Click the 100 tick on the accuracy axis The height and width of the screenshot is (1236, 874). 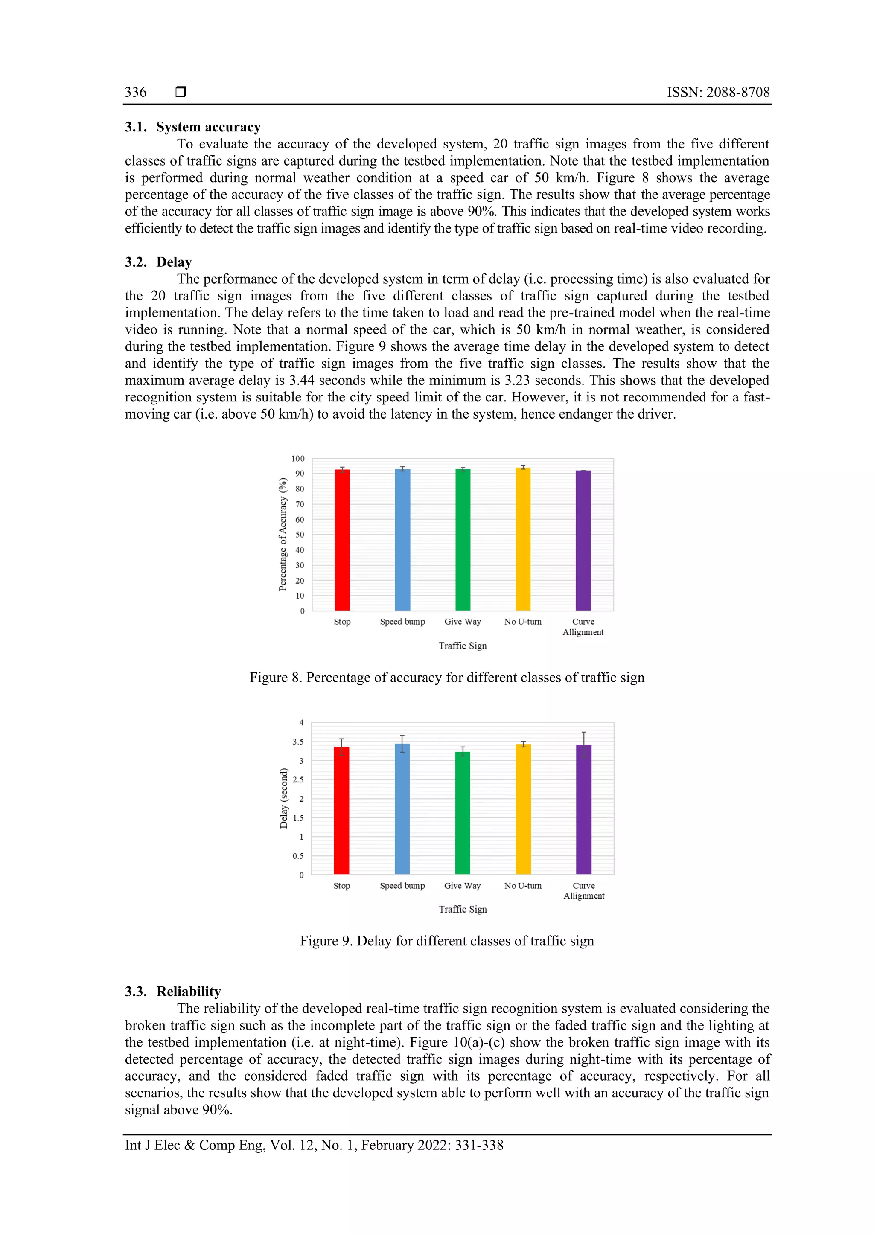[x=298, y=459]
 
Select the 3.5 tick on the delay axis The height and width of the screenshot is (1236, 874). [x=298, y=742]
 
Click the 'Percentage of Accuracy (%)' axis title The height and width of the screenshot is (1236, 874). [x=283, y=535]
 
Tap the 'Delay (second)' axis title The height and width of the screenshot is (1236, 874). [x=284, y=798]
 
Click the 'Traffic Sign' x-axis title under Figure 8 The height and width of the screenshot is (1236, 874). [x=463, y=646]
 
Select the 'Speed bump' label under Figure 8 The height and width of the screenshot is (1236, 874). [x=402, y=622]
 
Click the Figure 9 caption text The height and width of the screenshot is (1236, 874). [x=446, y=941]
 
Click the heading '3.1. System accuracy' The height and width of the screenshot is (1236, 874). [x=193, y=127]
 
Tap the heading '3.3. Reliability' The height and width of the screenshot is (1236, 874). [x=173, y=992]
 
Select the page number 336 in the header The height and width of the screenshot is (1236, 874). [x=135, y=92]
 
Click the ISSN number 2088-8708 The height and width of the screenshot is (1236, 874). [x=738, y=92]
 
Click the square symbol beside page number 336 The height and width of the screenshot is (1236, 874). [x=181, y=92]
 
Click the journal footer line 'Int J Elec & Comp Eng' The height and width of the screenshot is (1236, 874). [x=314, y=1145]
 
